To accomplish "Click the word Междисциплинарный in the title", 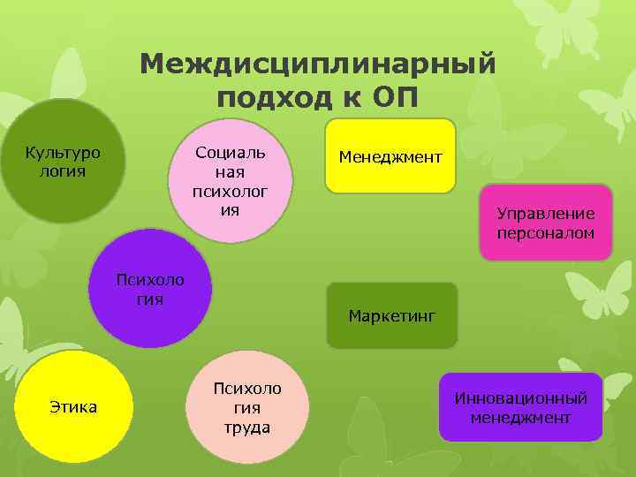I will click(x=317, y=64).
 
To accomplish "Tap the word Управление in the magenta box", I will click(x=545, y=214).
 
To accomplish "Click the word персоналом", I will click(x=545, y=234).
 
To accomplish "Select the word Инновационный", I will click(x=520, y=398).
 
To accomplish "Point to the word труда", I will click(x=246, y=428).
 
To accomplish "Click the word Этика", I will click(x=74, y=407).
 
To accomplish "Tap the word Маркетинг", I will click(x=391, y=315).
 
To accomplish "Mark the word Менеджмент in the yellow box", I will click(x=390, y=156).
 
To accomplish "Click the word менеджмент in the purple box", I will click(x=520, y=418).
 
